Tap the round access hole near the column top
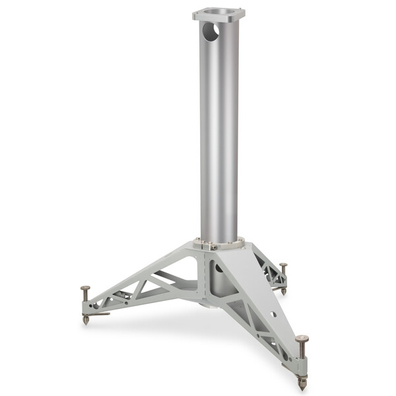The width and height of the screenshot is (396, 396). pos(211,32)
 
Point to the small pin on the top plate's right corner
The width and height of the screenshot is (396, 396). pos(242,11)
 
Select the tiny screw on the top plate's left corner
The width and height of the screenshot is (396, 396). pos(195,13)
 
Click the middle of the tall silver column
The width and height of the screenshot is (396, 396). pos(218,132)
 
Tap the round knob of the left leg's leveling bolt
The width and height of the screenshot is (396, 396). pos(85,288)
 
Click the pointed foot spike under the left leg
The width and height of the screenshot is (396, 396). pos(86,320)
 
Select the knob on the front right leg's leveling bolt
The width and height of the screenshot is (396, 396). pos(302,339)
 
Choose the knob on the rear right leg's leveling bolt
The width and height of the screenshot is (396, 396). pos(283,265)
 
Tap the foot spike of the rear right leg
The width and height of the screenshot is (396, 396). pos(283,291)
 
